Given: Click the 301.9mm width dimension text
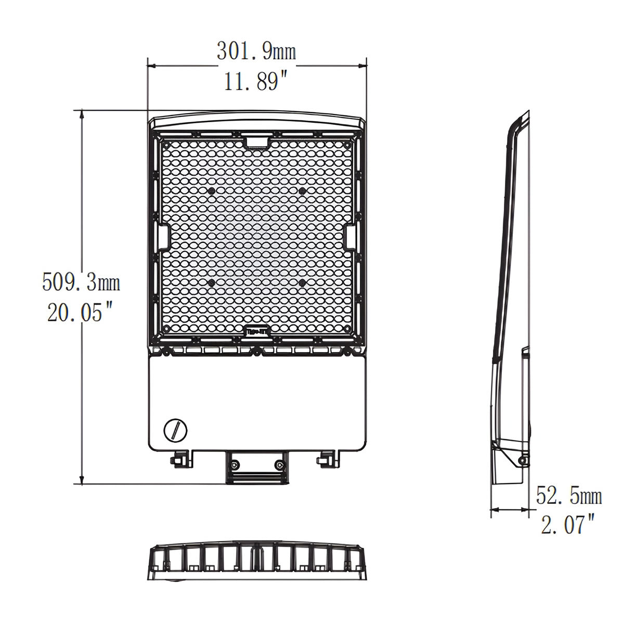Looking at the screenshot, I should click(x=256, y=51).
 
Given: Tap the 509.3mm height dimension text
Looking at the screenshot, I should click(x=81, y=283).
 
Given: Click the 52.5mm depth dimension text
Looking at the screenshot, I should click(x=569, y=497).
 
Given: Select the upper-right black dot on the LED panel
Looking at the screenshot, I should click(x=302, y=191).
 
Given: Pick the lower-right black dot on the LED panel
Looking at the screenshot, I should click(x=302, y=282).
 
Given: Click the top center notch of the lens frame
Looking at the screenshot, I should click(x=256, y=141).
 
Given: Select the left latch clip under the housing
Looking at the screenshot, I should click(x=179, y=458).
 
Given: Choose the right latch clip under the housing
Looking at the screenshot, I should click(x=326, y=458).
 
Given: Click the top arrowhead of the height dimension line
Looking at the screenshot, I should click(x=82, y=114).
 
